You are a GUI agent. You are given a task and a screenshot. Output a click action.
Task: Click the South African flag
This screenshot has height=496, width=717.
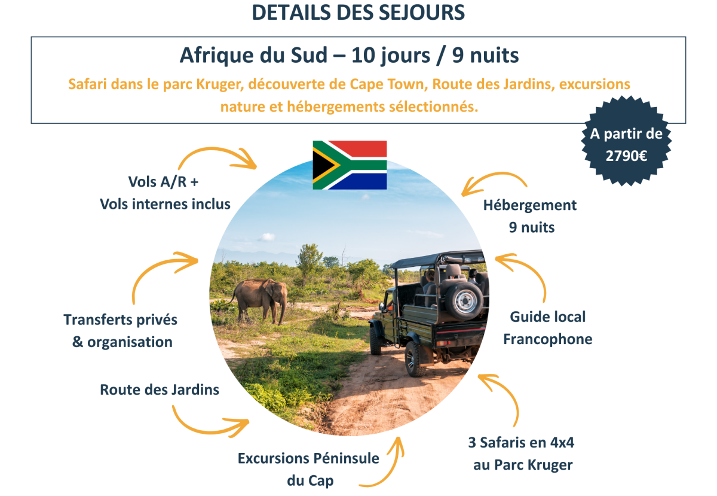[350, 165]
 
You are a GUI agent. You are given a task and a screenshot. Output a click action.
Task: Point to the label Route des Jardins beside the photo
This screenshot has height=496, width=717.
[160, 390]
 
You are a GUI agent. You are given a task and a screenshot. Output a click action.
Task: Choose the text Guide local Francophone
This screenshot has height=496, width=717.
[547, 327]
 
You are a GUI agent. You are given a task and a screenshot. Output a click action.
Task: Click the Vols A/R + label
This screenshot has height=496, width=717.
[164, 181]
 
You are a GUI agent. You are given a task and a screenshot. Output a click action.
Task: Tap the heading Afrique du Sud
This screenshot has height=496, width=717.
[254, 56]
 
